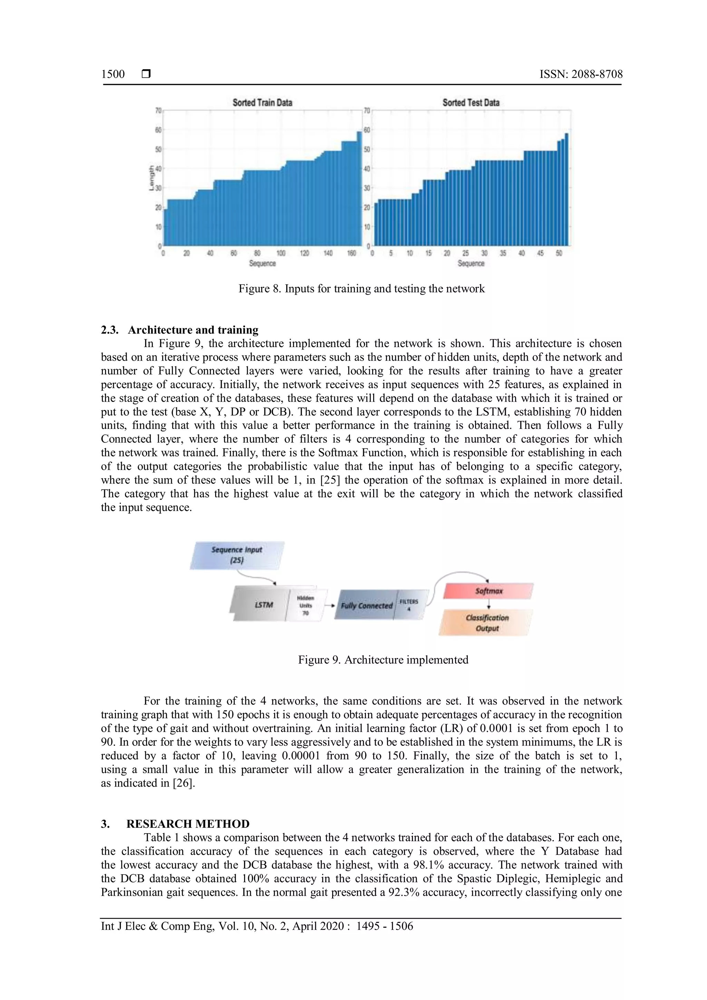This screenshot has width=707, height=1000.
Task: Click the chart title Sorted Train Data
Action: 262,103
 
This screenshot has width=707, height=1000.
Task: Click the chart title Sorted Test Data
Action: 471,103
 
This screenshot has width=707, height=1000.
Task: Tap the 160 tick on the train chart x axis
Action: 351,253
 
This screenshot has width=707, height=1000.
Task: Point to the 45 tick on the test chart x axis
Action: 540,253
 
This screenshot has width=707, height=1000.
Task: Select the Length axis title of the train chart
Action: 152,178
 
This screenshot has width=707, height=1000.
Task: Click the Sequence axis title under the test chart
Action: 471,263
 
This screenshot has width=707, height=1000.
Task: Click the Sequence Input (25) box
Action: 237,555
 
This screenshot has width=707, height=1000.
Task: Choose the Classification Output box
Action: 487,623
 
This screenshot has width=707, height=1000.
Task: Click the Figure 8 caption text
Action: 361,289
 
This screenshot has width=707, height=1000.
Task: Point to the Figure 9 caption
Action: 383,660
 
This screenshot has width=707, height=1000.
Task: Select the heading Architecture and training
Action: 193,330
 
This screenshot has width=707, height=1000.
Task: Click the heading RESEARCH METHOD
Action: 188,824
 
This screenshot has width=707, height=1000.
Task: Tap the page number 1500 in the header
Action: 113,74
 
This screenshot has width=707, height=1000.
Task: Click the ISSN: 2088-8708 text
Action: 581,74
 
